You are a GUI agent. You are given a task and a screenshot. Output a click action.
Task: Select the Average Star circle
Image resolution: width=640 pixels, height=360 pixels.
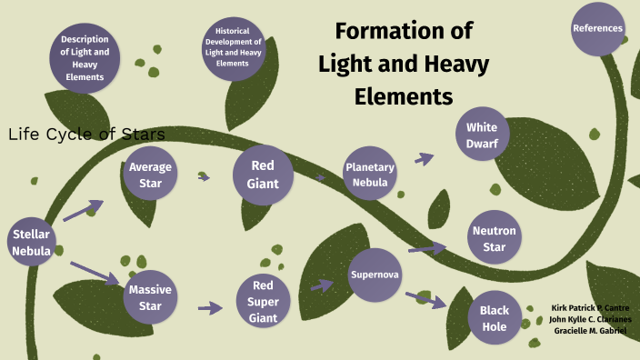(x=151, y=175)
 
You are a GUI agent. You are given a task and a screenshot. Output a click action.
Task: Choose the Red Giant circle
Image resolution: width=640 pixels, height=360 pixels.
(x=263, y=175)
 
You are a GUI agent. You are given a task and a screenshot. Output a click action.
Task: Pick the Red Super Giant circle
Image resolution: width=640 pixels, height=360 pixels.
(x=263, y=301)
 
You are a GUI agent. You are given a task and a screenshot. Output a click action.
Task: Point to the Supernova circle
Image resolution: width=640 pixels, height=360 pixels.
(x=375, y=274)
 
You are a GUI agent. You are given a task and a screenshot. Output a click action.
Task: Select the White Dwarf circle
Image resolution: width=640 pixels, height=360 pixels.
(x=482, y=135)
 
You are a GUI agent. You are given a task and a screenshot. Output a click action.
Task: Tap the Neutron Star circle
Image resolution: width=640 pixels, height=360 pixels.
(x=495, y=239)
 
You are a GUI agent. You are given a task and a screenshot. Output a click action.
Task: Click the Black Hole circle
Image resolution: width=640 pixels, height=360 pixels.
(x=494, y=317)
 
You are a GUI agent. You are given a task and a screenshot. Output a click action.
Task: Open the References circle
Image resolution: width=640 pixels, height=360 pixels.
(x=597, y=28)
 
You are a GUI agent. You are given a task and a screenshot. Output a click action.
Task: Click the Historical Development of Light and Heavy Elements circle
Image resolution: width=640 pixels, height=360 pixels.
(x=233, y=47)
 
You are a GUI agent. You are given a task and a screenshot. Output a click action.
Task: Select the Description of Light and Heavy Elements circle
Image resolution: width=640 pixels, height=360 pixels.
(x=85, y=58)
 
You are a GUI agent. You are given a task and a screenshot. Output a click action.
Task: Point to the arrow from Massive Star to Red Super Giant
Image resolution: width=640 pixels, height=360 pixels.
(x=210, y=308)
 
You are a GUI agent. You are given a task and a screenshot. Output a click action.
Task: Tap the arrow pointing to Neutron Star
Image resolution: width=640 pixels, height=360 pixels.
(x=426, y=247)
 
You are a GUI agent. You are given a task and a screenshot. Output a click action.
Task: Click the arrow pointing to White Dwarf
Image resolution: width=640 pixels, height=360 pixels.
(x=424, y=158)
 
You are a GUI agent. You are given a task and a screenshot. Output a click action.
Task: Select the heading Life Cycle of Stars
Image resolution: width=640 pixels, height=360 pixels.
(x=86, y=135)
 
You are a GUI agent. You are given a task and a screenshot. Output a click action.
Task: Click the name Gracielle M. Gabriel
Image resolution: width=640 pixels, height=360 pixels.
(x=590, y=331)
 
